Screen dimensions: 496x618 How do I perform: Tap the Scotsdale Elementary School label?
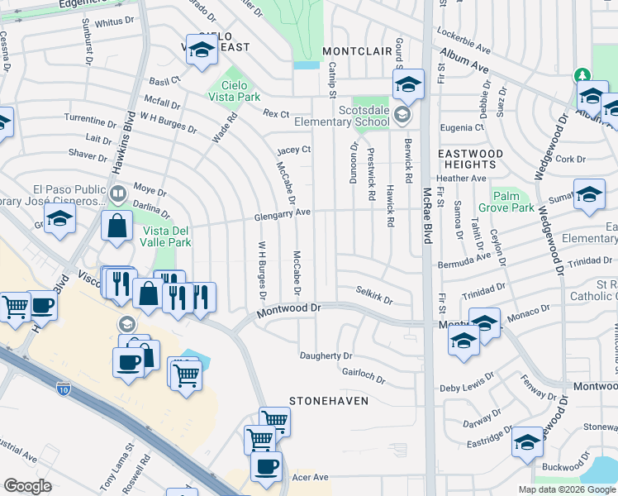[364, 116]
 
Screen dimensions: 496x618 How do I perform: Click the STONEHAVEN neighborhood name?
[328, 401]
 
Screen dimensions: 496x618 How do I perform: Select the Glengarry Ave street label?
[282, 212]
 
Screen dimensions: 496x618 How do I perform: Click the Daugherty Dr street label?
[331, 355]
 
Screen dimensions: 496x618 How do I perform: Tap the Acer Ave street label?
[308, 477]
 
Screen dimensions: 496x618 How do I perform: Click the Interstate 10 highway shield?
[64, 386]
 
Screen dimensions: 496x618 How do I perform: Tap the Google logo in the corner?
[27, 485]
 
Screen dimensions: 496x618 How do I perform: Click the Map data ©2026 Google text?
[566, 489]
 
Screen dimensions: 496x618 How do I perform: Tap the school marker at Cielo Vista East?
[202, 51]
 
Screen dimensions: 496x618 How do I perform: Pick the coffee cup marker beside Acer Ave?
[266, 468]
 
